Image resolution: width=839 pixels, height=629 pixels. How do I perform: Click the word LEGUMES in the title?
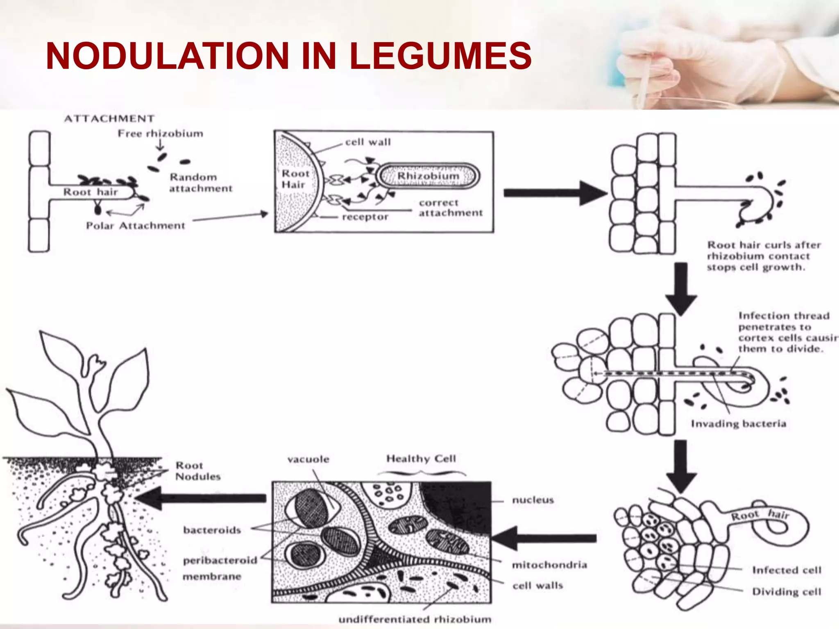point(440,56)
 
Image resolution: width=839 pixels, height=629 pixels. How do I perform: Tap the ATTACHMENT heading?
point(109,119)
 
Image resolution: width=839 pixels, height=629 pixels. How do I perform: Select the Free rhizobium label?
point(160,133)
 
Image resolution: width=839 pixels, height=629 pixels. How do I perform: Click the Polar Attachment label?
point(135,226)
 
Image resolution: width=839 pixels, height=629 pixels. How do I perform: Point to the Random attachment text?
point(200,183)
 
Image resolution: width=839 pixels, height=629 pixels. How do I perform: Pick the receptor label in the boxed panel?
point(365,217)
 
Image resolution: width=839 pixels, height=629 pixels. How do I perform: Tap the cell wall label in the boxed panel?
point(367,142)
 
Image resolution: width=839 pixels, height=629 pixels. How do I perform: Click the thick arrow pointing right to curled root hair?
point(553,193)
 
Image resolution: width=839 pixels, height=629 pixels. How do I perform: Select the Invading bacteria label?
point(738,423)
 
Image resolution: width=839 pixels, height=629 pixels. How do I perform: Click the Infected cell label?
point(787,570)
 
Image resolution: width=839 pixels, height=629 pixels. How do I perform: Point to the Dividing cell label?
point(787,592)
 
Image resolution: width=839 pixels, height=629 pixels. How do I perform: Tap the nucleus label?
point(533,500)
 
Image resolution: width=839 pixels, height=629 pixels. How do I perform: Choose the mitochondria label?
point(549,565)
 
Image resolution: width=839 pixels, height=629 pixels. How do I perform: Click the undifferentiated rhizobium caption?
point(415,619)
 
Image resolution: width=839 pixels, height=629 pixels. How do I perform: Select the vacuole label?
point(308,459)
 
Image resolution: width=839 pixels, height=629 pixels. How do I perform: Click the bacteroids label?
point(212,530)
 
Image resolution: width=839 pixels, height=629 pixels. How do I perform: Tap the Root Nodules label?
point(197,471)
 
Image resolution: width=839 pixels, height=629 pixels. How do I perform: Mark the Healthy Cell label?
point(421,459)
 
